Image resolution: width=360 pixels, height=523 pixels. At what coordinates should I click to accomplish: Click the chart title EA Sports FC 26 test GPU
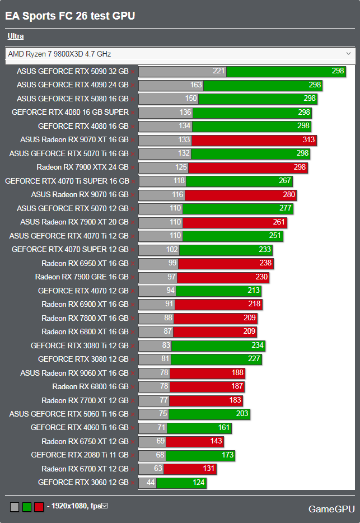(70, 16)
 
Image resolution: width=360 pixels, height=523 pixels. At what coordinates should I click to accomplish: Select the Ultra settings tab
(16, 36)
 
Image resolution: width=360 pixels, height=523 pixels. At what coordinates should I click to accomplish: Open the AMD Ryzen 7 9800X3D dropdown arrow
(349, 54)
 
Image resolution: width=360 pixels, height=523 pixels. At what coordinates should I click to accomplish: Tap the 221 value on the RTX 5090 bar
(219, 71)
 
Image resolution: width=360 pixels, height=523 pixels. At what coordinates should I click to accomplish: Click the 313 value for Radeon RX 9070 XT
(309, 140)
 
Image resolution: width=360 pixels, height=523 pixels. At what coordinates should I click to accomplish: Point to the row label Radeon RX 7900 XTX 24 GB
(82, 167)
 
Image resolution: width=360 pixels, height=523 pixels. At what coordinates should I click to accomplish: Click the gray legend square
(15, 507)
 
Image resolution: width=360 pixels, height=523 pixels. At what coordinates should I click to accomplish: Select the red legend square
(39, 507)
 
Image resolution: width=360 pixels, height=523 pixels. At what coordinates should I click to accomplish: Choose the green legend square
(27, 507)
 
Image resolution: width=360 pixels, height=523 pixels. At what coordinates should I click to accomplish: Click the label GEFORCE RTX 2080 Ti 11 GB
(80, 455)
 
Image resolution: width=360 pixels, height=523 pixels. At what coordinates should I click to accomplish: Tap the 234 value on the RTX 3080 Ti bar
(258, 345)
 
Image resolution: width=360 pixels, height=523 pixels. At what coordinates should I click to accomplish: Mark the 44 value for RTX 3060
(150, 482)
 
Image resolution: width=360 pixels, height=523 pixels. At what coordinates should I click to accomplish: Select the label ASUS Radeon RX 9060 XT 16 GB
(74, 373)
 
